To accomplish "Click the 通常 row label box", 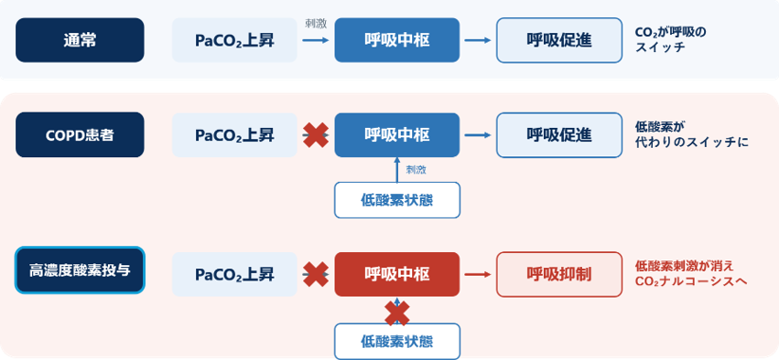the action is tap(80, 40).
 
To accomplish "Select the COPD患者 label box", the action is tap(80, 135).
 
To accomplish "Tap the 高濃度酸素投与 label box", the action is tap(80, 271).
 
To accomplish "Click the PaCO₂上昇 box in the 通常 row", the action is tap(234, 40).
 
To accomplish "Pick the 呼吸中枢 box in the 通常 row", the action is tap(397, 40).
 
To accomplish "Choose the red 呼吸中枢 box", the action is tap(397, 274).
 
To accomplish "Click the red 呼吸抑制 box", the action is tap(559, 274).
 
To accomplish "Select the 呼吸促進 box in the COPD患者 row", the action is tap(559, 135).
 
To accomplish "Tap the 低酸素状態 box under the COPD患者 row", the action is tap(397, 200).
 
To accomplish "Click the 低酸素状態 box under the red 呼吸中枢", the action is tap(397, 342).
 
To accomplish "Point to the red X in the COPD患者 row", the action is tap(316, 135).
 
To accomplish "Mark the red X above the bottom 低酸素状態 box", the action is tap(397, 314).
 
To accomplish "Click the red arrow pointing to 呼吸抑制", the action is tap(478, 274).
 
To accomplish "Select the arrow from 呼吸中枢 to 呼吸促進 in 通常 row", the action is tap(478, 40).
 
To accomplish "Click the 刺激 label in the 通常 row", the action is tap(316, 24).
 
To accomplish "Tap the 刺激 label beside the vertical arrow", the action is tap(416, 170).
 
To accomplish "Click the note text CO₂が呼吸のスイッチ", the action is tap(670, 40).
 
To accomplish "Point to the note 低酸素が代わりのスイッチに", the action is tap(691, 135).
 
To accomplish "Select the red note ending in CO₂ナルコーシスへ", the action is tap(691, 274).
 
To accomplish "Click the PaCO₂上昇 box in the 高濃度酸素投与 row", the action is tap(234, 274).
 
